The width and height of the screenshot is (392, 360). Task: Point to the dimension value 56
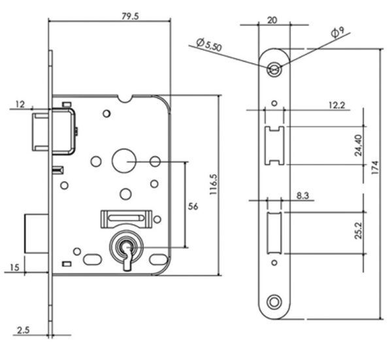click(x=193, y=206)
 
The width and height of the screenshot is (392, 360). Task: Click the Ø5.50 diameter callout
click(x=209, y=46)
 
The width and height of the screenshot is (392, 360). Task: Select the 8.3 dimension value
click(x=302, y=195)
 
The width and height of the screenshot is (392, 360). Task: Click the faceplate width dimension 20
click(x=272, y=20)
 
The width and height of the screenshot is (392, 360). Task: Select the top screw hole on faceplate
click(x=275, y=68)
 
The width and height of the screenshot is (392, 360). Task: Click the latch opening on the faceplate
click(x=274, y=146)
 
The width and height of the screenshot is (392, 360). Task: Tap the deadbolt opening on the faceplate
click(x=274, y=233)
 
